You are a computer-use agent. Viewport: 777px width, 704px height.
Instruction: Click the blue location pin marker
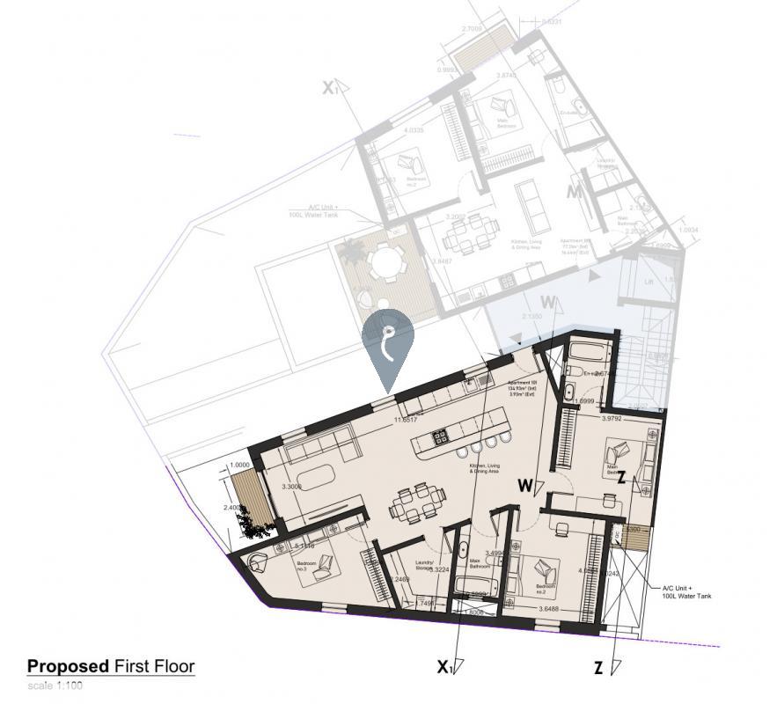point(387,343)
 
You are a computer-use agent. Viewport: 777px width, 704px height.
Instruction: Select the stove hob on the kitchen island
point(440,435)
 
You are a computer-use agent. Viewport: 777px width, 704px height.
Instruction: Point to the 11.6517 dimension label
point(405,421)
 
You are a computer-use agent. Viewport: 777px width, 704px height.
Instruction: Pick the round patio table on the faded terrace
point(385,262)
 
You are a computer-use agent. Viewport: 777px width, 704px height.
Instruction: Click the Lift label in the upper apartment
point(648,282)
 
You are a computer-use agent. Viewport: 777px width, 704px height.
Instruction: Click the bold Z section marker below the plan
point(598,669)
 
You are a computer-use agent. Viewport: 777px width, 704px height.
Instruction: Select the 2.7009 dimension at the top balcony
point(471,29)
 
